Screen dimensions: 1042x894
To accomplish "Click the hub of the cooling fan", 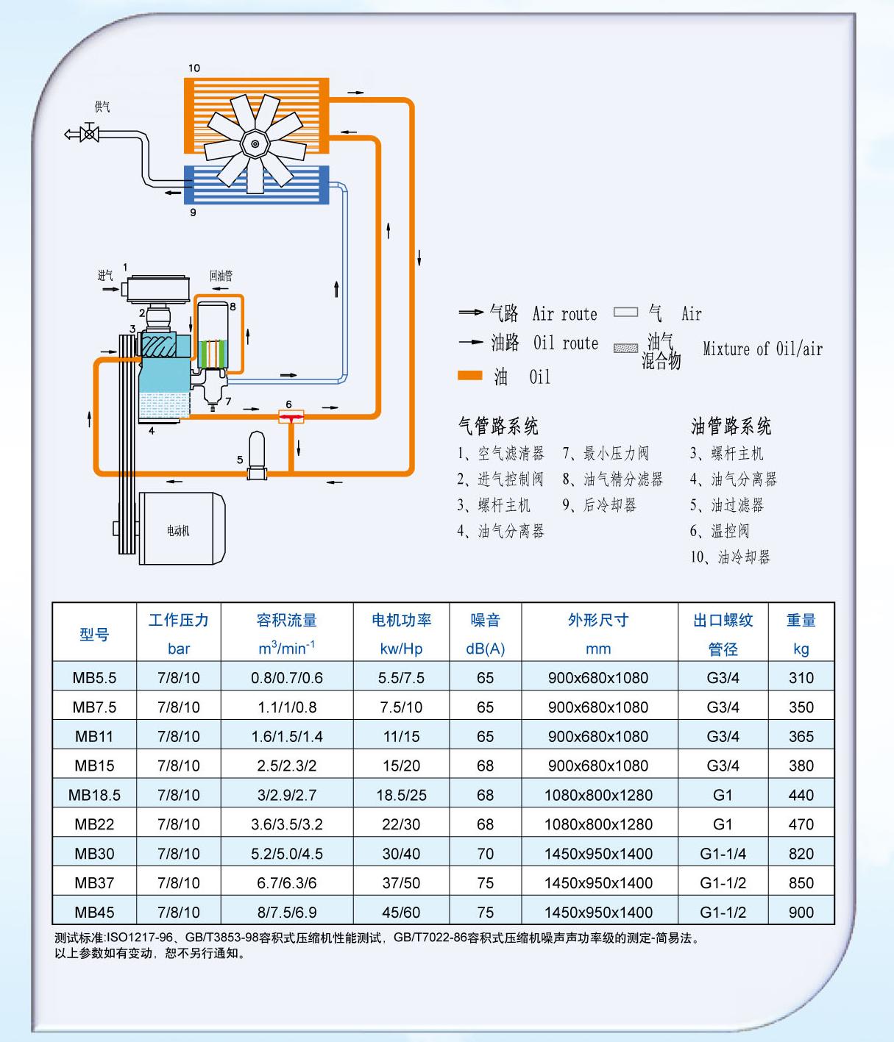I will coord(255,143).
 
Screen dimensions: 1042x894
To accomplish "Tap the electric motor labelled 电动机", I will coord(182,529).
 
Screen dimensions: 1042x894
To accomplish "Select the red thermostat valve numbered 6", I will coord(291,417).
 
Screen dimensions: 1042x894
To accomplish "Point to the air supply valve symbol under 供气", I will coord(90,134).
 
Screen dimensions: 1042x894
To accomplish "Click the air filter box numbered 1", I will coord(157,288).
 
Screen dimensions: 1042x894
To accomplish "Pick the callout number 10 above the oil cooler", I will coord(194,68).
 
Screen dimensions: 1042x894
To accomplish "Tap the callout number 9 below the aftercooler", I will coord(193,213).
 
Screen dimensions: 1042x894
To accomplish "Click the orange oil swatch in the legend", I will coord(469,376).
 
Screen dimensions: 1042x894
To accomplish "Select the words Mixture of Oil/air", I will coord(762,349).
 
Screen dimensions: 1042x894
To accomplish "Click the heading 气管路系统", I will coord(498,426).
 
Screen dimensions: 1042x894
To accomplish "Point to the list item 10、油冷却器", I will coord(730,557).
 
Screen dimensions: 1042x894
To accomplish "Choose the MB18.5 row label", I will coord(94,795).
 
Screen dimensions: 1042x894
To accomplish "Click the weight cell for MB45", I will coord(801,913).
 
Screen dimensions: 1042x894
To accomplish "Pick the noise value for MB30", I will coord(485,854).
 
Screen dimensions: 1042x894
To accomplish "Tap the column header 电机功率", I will coord(401,620).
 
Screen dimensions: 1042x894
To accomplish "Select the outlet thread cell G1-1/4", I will coord(723,854).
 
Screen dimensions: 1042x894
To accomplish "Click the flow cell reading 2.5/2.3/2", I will coord(286,766).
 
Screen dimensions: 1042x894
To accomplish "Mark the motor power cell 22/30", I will coord(401,824).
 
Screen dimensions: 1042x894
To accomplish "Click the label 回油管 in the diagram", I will coord(221,276).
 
